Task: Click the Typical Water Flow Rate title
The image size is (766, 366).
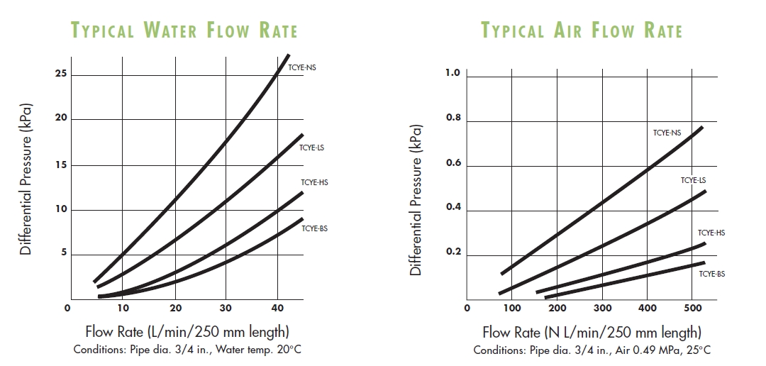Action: point(184,30)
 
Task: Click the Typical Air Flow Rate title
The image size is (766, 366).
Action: point(582,30)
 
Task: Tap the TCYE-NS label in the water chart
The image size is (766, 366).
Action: point(301,67)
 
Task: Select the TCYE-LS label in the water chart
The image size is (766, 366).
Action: point(312,148)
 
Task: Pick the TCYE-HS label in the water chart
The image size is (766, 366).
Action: point(314,182)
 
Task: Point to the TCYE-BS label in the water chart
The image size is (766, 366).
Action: point(314,228)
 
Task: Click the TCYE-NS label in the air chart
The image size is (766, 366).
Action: point(667,132)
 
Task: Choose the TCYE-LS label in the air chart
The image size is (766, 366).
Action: point(693,180)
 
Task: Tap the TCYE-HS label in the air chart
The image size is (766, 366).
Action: point(711,233)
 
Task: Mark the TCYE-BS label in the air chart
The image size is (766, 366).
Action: point(711,273)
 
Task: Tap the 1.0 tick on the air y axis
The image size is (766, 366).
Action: point(453,74)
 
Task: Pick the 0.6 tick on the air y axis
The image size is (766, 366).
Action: point(453,164)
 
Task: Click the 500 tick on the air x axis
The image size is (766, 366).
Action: point(692,308)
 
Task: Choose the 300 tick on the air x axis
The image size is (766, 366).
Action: point(602,308)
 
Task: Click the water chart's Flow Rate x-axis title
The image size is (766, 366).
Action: point(187,332)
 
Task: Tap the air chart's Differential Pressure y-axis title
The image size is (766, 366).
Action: point(416,200)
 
